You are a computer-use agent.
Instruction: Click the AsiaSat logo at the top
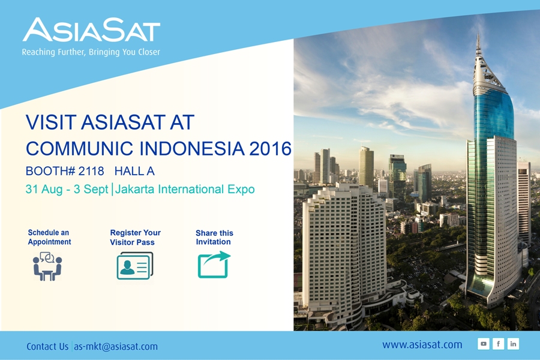point(91,30)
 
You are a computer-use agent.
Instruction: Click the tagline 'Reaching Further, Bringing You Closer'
point(91,52)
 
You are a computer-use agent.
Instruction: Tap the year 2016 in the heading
point(271,148)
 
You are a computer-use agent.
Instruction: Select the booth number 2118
point(91,171)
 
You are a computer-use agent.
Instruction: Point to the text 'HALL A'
point(134,171)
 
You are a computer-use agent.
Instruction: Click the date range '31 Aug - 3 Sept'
point(67,189)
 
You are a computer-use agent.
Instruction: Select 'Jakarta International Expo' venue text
point(185,189)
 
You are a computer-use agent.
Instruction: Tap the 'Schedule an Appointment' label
point(49,237)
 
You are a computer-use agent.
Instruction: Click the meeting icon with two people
point(47,266)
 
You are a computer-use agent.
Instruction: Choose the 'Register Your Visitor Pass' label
point(136,238)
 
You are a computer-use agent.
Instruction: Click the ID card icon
point(135,266)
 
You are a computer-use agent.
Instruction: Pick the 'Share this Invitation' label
point(214,238)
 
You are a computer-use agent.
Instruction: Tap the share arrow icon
point(214,265)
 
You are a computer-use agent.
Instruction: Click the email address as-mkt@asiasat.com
point(116,346)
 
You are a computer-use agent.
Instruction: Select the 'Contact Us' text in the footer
point(47,346)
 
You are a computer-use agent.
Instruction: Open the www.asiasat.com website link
point(422,344)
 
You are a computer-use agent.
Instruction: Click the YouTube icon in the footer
point(484,344)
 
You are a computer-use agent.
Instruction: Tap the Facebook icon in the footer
point(499,344)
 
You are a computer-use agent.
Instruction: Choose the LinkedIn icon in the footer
point(513,344)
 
